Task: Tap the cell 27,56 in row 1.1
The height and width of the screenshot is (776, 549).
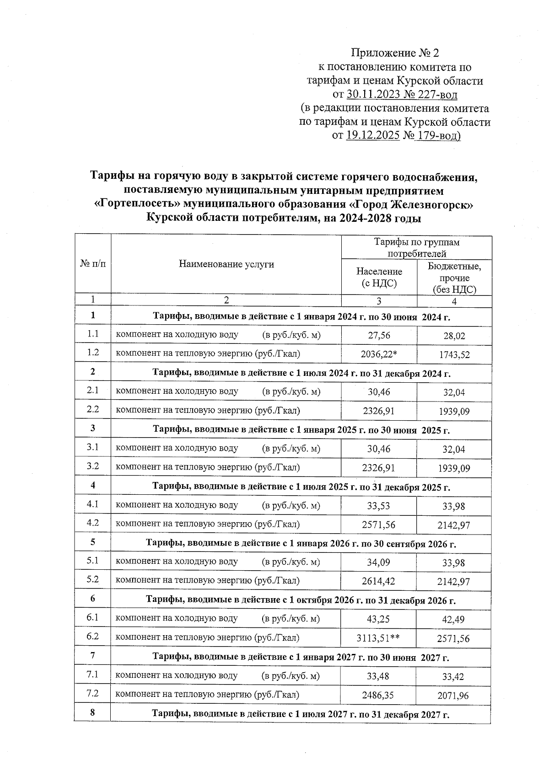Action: click(x=379, y=335)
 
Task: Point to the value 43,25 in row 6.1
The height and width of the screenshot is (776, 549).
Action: click(x=378, y=619)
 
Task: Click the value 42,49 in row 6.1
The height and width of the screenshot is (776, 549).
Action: click(x=453, y=619)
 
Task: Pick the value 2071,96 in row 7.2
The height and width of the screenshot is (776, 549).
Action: click(x=453, y=696)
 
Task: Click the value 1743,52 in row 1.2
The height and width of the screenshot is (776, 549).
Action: click(x=453, y=354)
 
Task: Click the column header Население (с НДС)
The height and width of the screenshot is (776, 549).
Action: click(x=379, y=277)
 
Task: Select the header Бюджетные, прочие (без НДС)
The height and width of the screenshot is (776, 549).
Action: click(x=454, y=278)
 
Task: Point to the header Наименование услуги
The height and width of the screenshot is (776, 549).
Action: click(x=226, y=264)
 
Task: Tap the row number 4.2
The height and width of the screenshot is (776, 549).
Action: click(x=93, y=523)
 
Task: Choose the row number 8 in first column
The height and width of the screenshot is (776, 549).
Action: click(x=93, y=712)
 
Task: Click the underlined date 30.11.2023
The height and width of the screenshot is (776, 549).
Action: click(x=371, y=95)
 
